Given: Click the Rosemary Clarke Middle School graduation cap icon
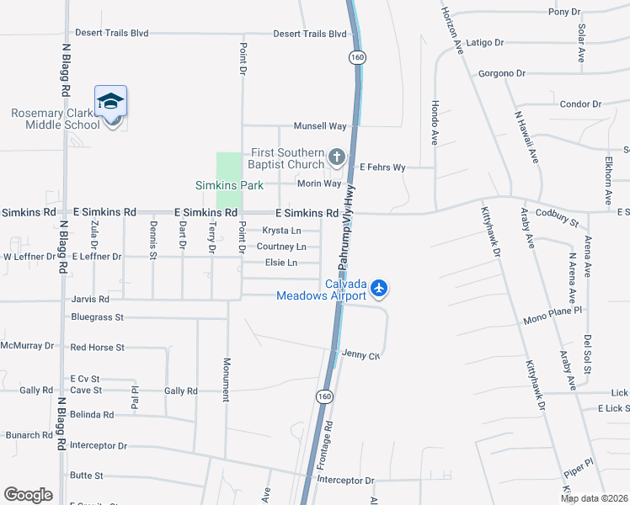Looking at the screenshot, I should click(x=110, y=102).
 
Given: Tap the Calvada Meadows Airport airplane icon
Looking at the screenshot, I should click(x=379, y=289).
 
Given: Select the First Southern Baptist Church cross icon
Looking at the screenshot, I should click(x=336, y=157).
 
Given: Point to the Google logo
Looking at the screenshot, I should click(x=28, y=495).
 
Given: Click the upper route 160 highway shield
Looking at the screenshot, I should click(x=358, y=57).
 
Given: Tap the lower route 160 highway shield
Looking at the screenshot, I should click(x=324, y=396).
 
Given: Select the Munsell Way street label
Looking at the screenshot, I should click(x=320, y=126).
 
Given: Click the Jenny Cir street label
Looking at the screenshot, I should click(x=362, y=356).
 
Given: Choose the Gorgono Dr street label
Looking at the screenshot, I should click(x=501, y=73).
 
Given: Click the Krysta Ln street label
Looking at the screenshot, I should click(x=281, y=230).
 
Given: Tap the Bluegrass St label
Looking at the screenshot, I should click(x=98, y=317).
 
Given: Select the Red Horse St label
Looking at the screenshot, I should click(x=98, y=347).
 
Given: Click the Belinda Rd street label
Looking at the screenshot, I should click(x=92, y=415).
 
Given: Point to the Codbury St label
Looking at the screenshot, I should click(x=556, y=217).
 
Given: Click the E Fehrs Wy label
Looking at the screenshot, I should click(x=382, y=167).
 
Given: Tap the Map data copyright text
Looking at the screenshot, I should click(x=593, y=498).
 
